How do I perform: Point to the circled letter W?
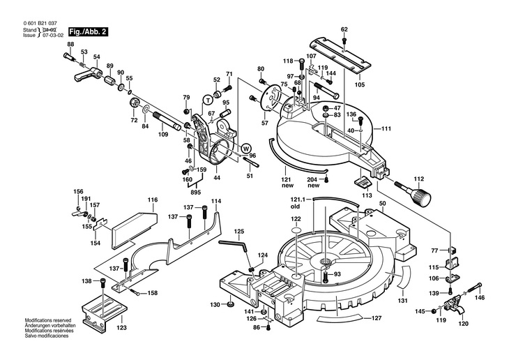tap(245, 148)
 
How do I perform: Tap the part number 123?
tap(122, 327)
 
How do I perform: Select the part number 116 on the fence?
tap(153, 200)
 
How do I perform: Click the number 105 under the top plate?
tap(359, 85)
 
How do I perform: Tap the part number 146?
tap(480, 298)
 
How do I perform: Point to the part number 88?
tap(70, 45)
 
